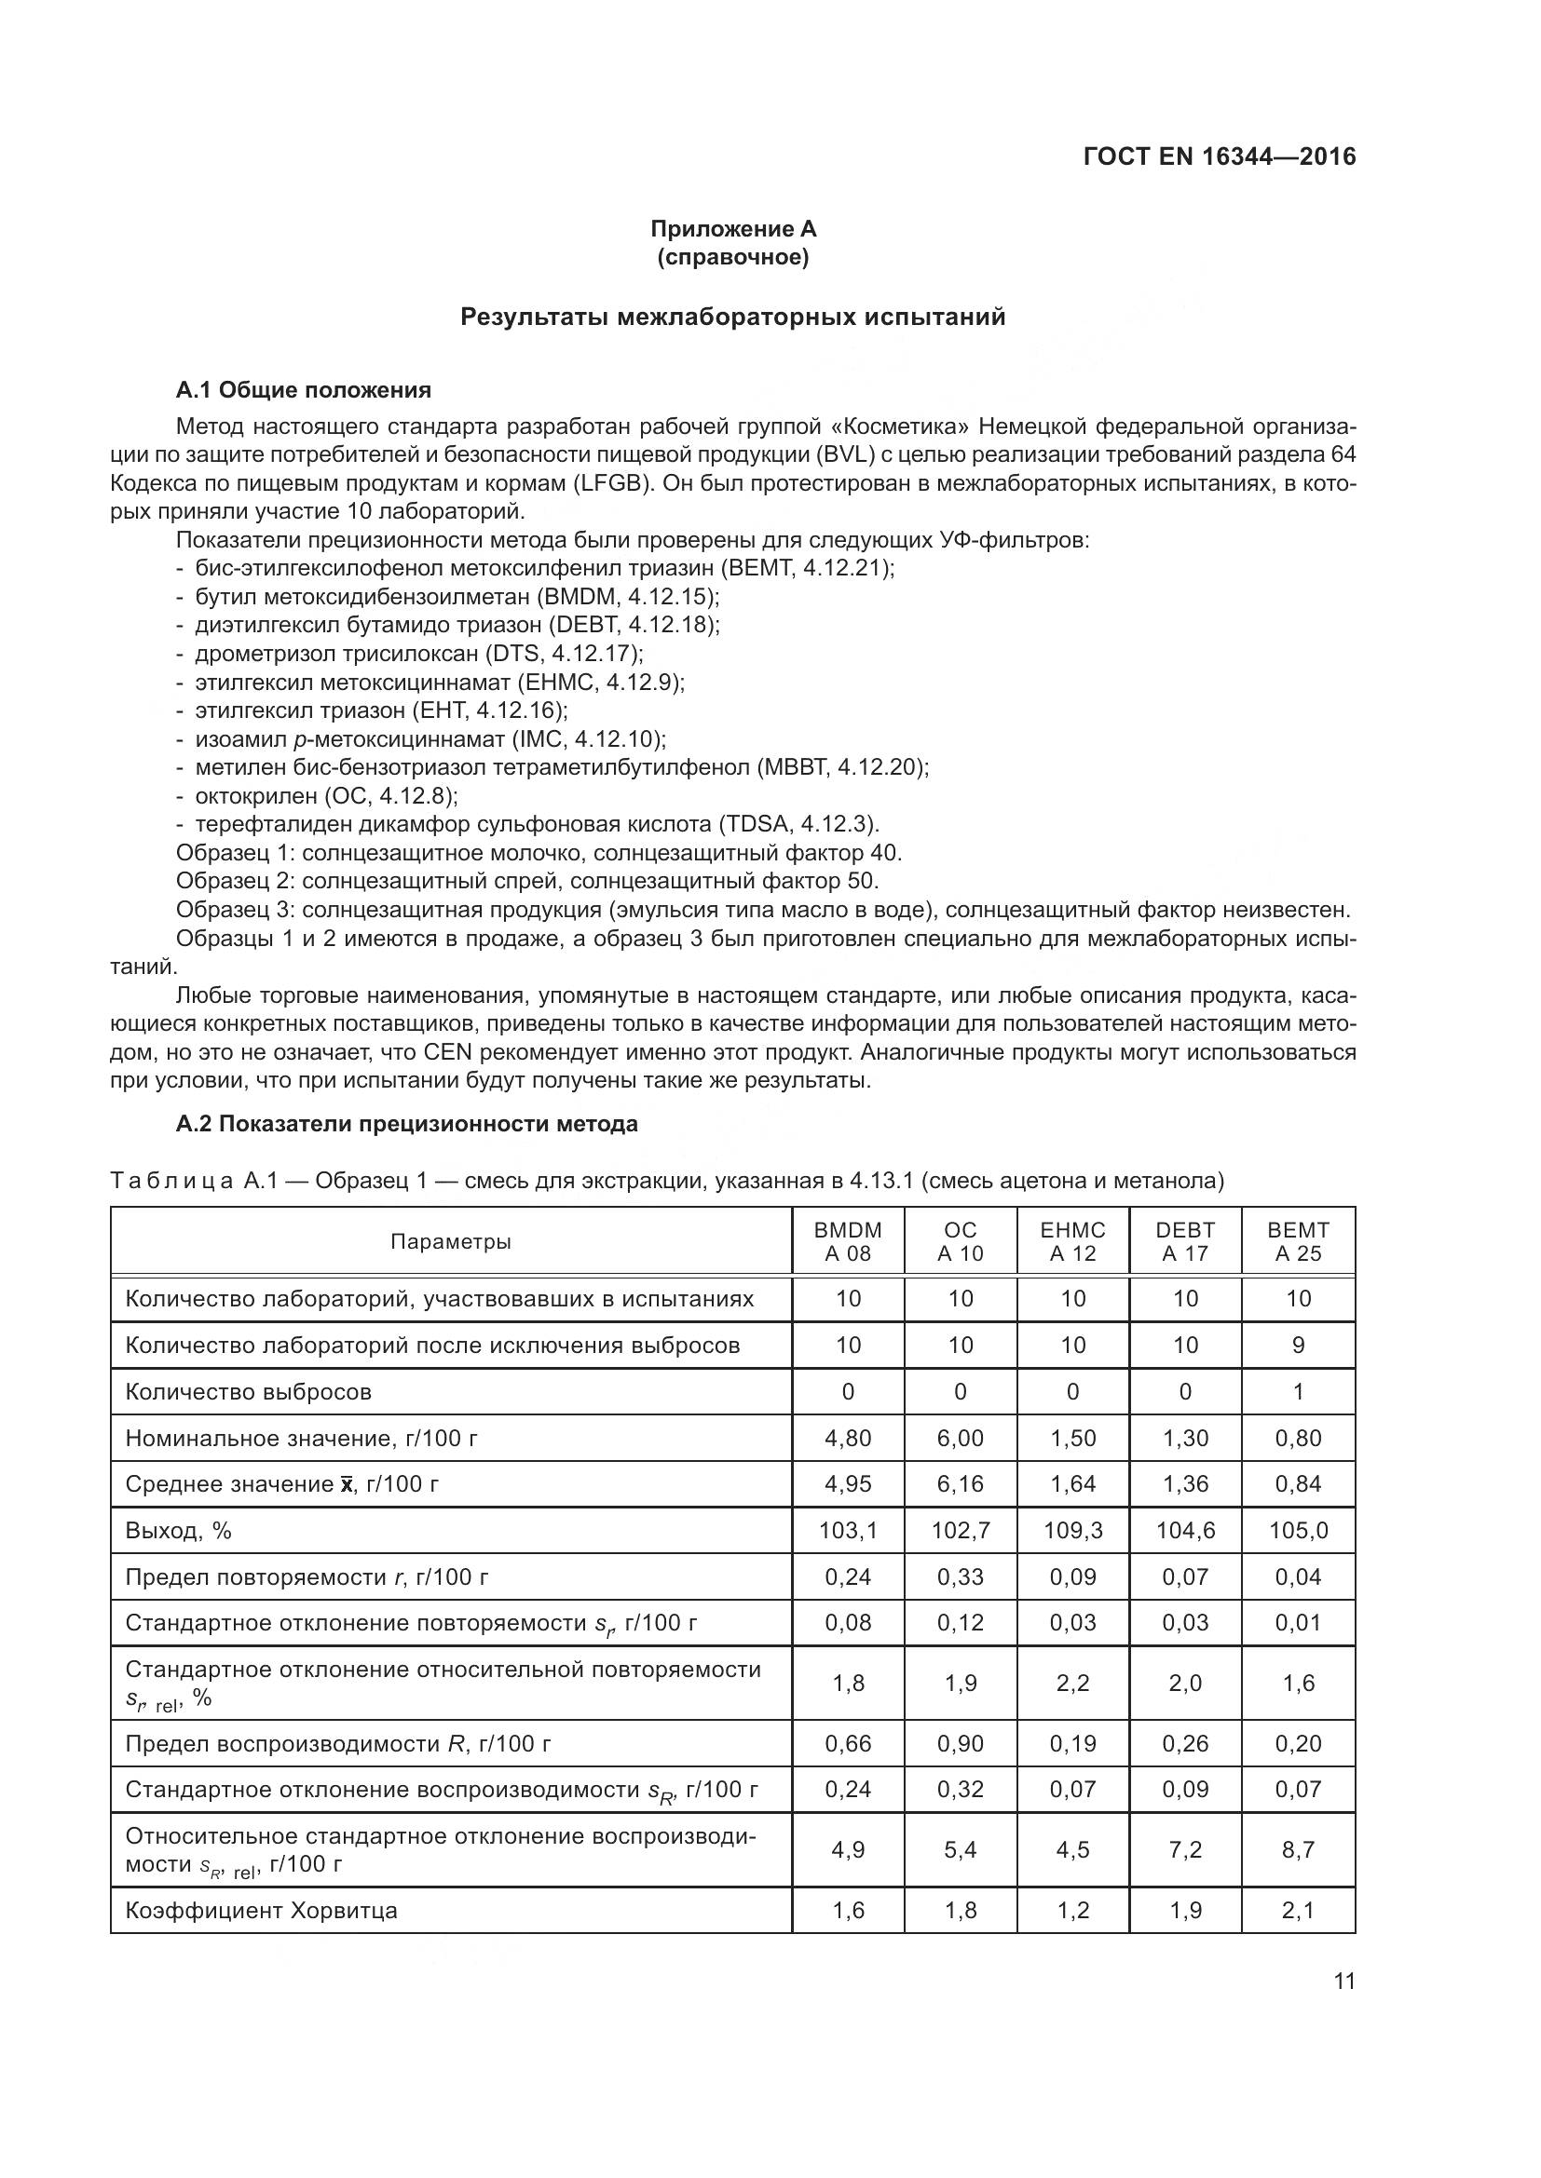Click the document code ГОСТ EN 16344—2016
click(1219, 156)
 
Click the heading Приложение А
click(732, 229)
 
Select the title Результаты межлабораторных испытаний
click(732, 317)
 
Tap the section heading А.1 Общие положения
click(304, 390)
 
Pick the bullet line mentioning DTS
click(419, 654)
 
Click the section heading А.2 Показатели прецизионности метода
click(407, 1124)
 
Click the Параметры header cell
click(451, 1242)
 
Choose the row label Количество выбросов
click(249, 1391)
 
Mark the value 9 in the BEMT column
click(1298, 1346)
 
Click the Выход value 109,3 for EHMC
click(1072, 1530)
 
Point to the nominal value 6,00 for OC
click(961, 1438)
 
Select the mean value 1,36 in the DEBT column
click(1185, 1483)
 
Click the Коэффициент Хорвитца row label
click(261, 1910)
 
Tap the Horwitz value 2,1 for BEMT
click(1298, 1910)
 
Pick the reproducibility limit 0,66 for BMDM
click(847, 1742)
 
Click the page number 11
click(1343, 1981)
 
